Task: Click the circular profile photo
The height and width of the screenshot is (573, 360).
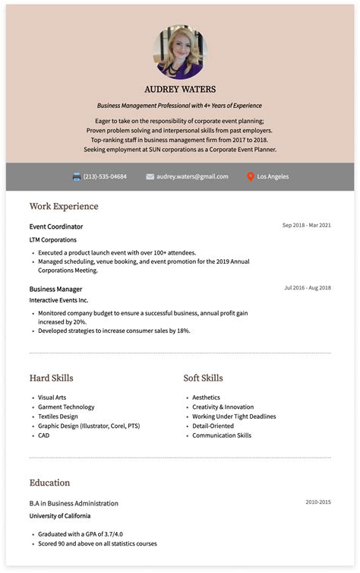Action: coord(179,52)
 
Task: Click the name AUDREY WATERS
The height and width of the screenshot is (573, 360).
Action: coord(179,89)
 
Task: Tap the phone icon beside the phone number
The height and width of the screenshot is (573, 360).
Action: coord(77,176)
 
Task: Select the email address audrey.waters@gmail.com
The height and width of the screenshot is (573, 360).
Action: coord(192,176)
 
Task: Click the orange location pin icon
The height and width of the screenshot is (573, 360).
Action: coord(250,176)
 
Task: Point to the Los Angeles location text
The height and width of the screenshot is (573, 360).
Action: coord(273,176)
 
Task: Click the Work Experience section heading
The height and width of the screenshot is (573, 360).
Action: coord(64,206)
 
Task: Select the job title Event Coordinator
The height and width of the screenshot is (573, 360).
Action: coord(56,226)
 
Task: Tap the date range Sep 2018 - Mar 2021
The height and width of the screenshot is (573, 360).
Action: coord(306,226)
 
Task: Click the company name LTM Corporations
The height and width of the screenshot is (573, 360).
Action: coord(53,240)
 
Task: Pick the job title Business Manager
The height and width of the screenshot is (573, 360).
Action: coord(55,289)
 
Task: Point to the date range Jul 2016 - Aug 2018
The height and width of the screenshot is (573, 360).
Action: coord(308,288)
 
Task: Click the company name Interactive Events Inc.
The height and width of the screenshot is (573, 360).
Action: coord(59,301)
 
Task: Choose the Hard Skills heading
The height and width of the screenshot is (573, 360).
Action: coord(52,378)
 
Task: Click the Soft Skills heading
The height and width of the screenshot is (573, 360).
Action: coord(203,378)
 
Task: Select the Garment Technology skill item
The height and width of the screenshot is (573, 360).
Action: coord(66,407)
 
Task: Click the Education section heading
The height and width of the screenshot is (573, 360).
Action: coord(49,483)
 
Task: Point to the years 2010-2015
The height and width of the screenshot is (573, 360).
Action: coord(318,502)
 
